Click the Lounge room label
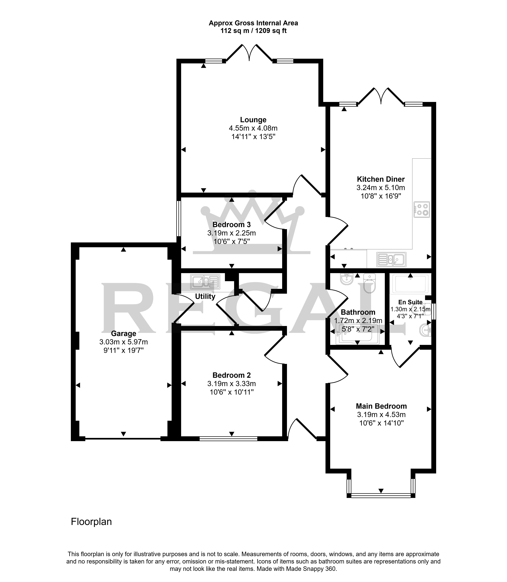(x=253, y=120)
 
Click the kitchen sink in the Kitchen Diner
(x=391, y=259)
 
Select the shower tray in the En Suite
(x=410, y=283)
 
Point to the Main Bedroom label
(x=381, y=406)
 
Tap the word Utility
(x=205, y=296)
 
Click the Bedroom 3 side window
(x=178, y=218)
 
